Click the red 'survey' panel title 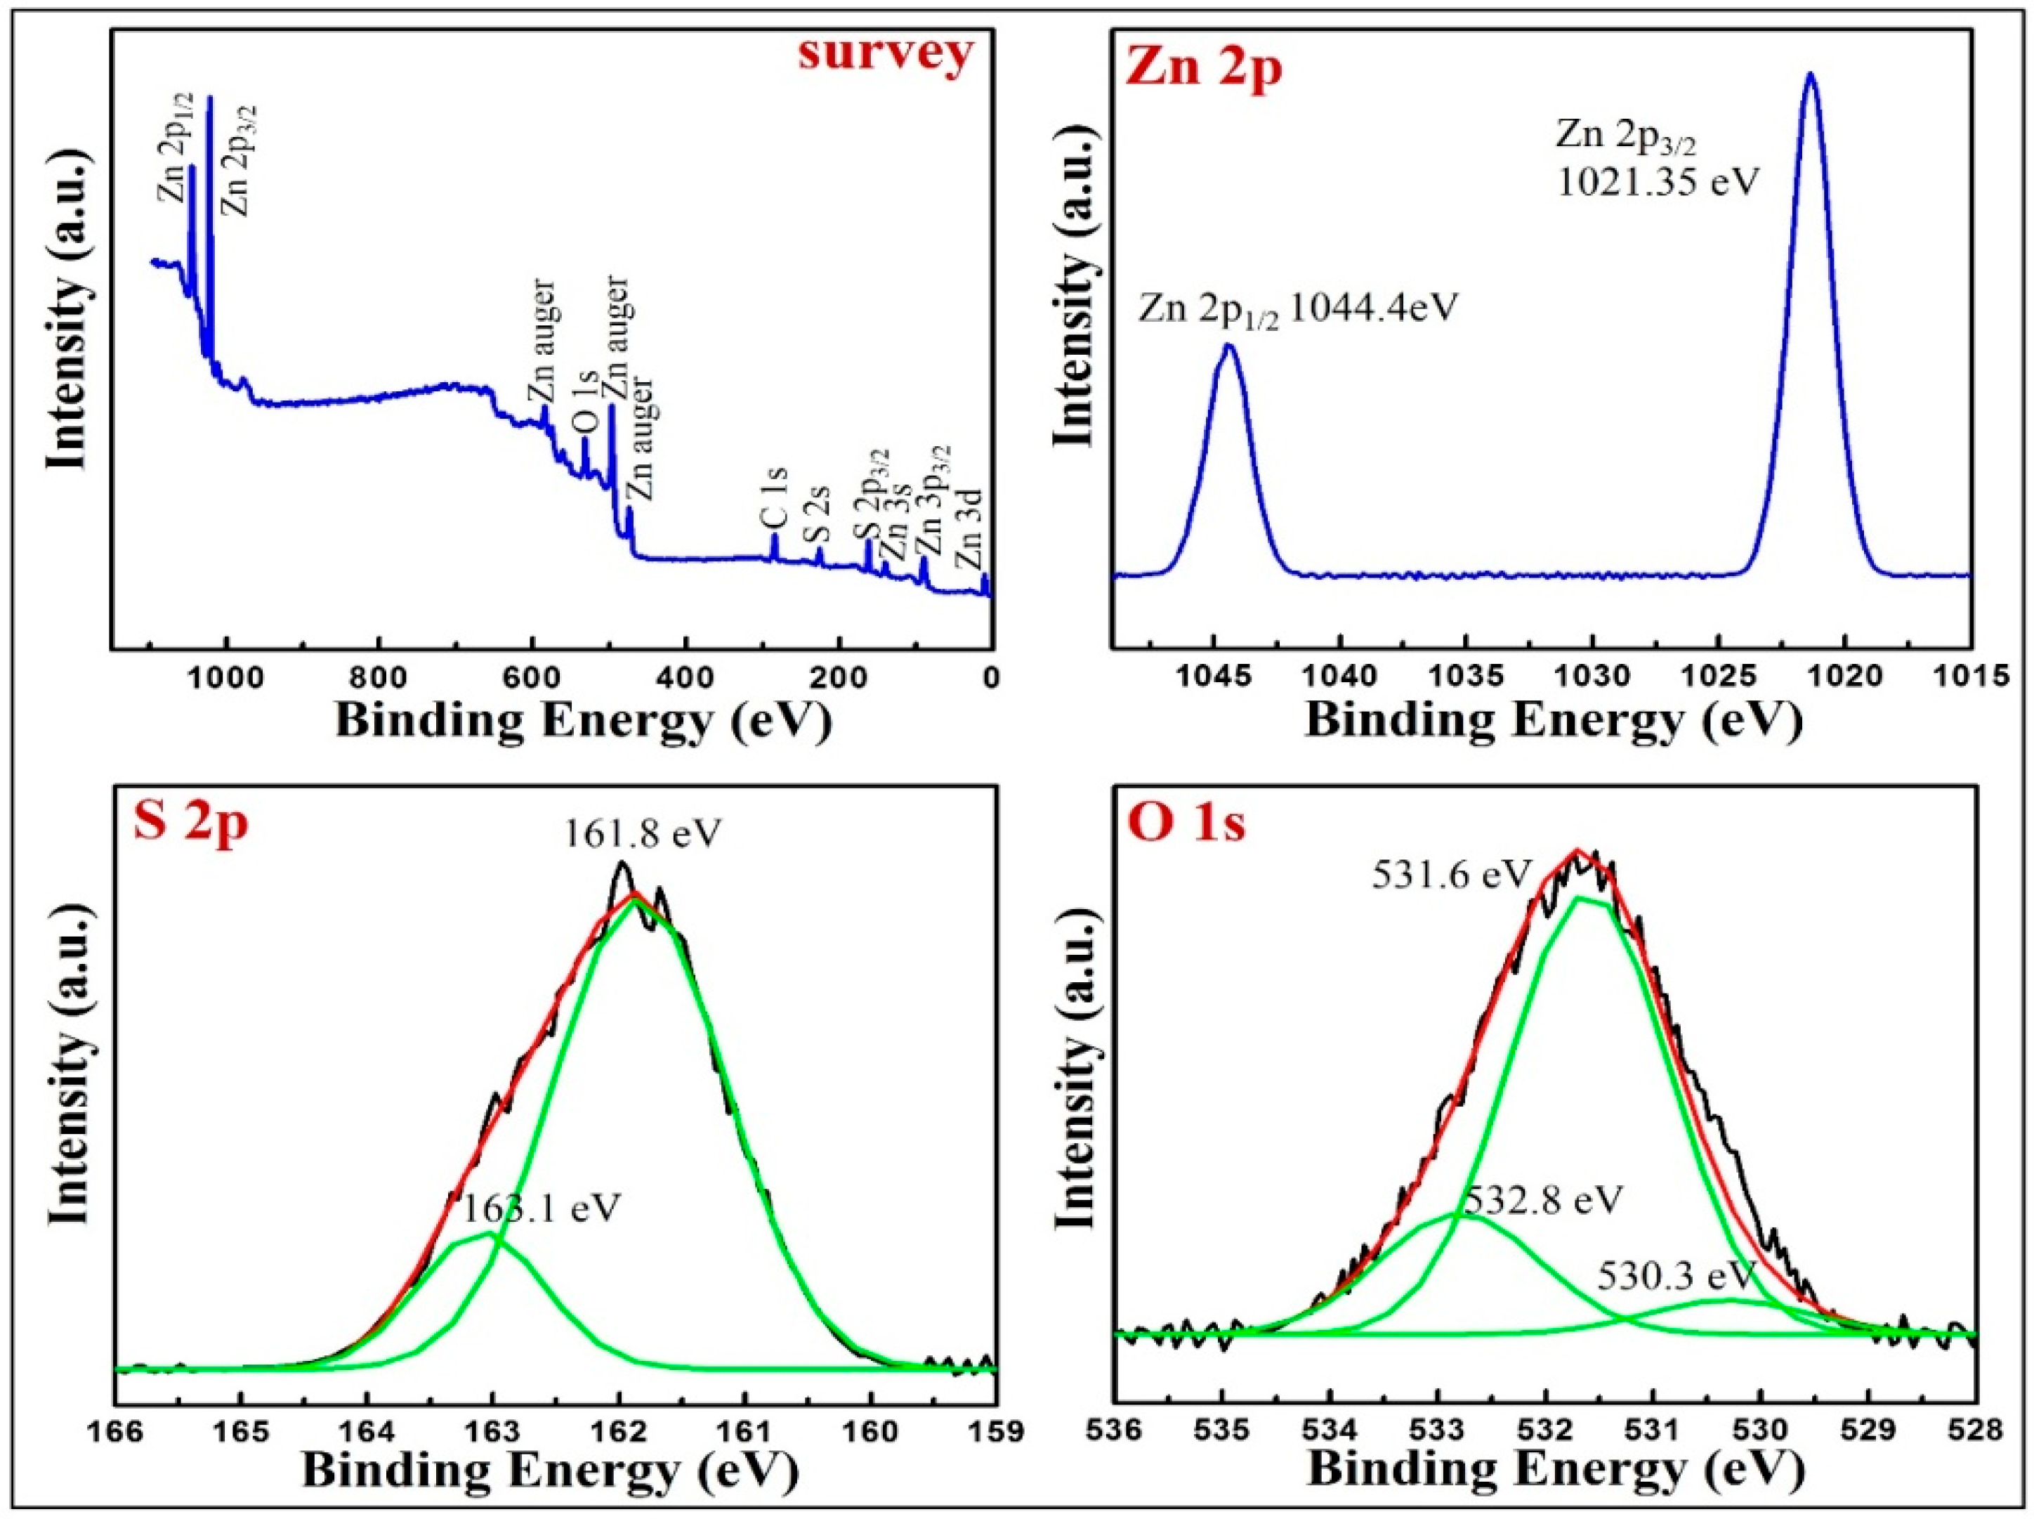[x=885, y=53]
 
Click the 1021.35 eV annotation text [x=1657, y=182]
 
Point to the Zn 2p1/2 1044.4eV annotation [x=1299, y=308]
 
